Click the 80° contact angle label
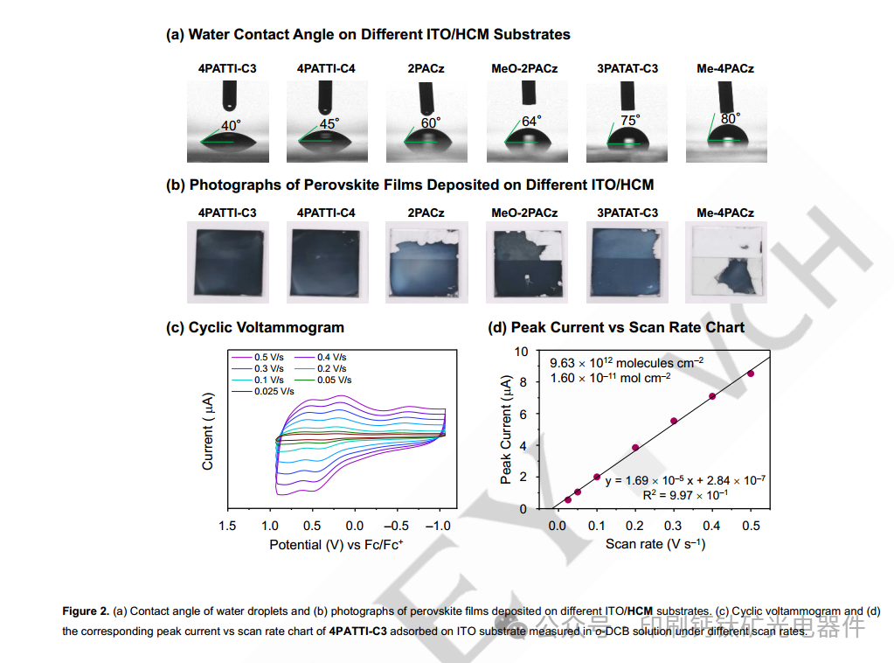(731, 117)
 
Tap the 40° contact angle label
(230, 126)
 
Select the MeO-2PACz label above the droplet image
(524, 68)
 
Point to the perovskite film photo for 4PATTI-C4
(326, 262)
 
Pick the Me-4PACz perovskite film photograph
(726, 262)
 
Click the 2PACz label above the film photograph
(426, 213)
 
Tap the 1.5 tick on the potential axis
(228, 526)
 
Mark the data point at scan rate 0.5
(751, 373)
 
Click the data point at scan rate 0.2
(635, 448)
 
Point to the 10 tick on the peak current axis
(522, 352)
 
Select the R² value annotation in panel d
(685, 494)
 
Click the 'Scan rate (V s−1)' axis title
(655, 544)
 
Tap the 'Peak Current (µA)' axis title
(506, 429)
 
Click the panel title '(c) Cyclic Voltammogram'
(255, 327)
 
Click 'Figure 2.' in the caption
(86, 611)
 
